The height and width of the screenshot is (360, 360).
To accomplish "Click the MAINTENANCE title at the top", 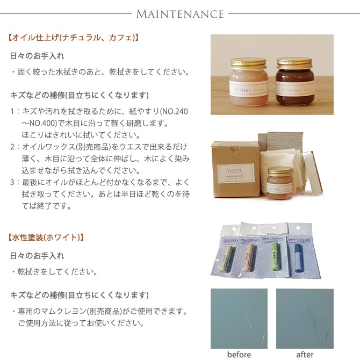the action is [180, 14].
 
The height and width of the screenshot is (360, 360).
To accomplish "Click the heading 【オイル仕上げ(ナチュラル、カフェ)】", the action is [74, 38].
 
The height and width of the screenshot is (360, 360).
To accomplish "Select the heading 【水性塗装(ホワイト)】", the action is [46, 237].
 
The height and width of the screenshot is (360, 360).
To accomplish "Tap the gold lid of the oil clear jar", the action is [248, 63].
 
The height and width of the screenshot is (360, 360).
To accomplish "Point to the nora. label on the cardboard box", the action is [235, 173].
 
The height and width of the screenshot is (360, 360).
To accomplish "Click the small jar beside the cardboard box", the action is [279, 183].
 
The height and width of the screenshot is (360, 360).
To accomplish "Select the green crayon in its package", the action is [275, 257].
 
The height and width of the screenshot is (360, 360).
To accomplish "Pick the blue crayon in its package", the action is [299, 258].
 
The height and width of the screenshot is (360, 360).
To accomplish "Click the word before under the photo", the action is [239, 354].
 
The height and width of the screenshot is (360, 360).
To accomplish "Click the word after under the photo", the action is [305, 354].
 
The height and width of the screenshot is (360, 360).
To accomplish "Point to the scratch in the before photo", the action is [253, 323].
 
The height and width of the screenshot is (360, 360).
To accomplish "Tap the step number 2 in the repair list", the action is [12, 147].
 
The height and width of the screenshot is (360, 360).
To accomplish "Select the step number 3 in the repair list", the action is [12, 182].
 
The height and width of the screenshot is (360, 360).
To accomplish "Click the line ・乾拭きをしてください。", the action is [55, 272].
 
